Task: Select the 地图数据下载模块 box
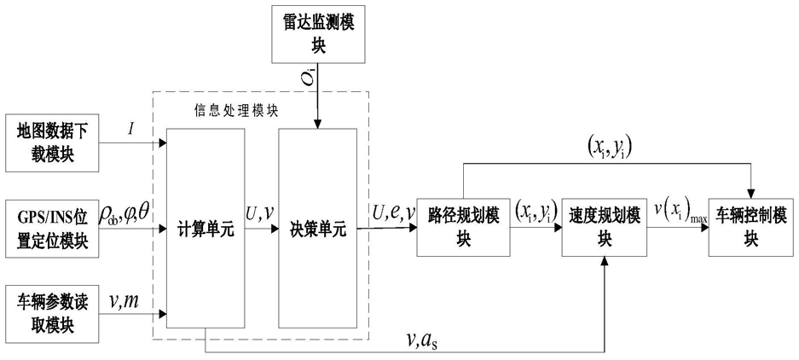coord(53,143)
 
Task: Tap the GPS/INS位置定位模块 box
coord(53,229)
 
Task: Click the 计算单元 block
coord(206,229)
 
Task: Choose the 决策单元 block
coord(317,229)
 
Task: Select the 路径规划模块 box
coord(463,226)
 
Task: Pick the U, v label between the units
coord(261,216)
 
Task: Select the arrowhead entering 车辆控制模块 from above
coord(751,194)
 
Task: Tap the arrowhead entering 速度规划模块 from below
coord(605,259)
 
